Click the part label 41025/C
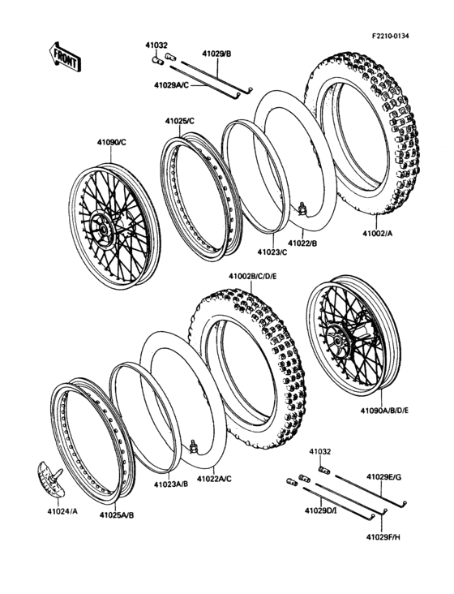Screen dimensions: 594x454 (179, 121)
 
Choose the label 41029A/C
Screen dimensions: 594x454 (171, 84)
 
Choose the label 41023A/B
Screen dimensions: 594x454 (171, 484)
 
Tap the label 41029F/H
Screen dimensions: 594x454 (386, 537)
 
